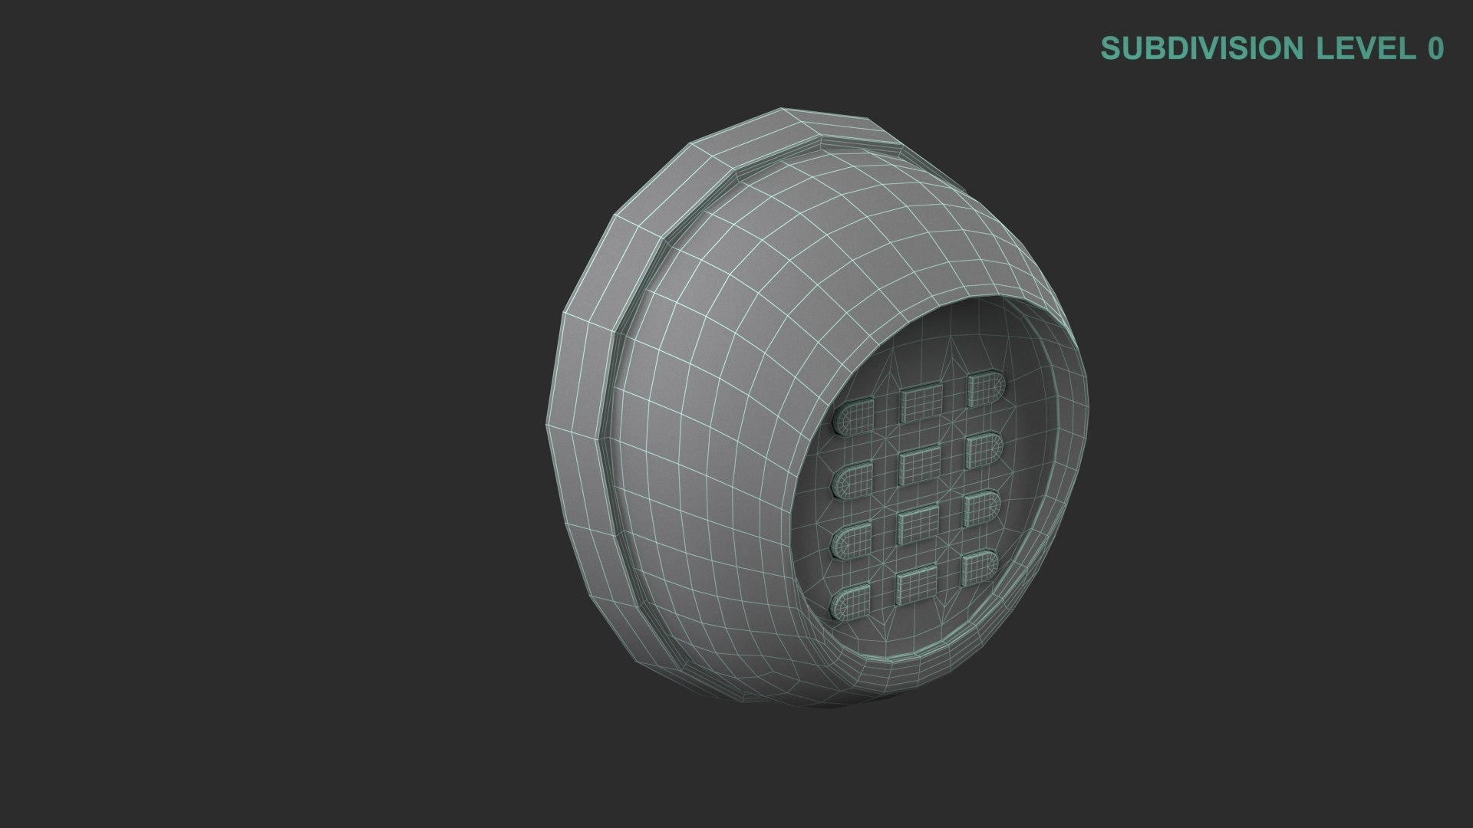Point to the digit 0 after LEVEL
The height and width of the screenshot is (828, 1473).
pos(1435,48)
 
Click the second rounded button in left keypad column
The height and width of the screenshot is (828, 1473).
pos(852,480)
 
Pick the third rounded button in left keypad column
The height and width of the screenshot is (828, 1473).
pos(852,540)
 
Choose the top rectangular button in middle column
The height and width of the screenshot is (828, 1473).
pos(921,401)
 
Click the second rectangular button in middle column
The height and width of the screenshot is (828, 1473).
pos(919,464)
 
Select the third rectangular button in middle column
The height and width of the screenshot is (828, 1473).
pos(918,526)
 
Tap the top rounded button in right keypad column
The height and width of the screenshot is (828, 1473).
pos(985,389)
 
